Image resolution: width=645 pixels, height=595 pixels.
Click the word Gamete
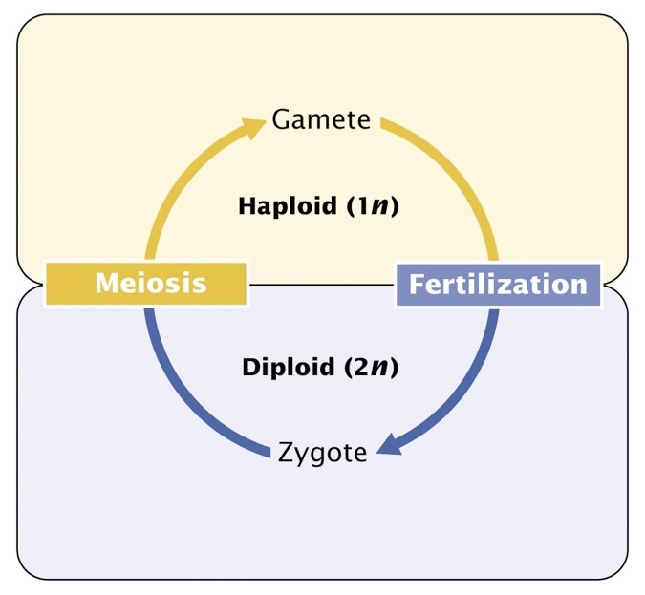coord(320,119)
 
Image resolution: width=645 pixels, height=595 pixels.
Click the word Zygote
coord(322,452)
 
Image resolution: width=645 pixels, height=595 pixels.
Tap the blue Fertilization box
coord(498,284)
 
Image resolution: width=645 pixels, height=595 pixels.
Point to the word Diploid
coord(282,367)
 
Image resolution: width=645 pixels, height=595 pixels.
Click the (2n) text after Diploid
coord(369,367)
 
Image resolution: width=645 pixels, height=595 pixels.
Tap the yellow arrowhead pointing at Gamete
coord(255,126)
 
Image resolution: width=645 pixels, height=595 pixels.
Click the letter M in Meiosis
coord(106,284)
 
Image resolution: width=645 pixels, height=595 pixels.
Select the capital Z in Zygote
coord(286,452)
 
